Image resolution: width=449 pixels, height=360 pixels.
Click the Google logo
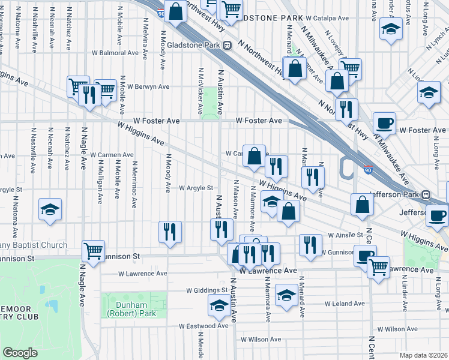20,353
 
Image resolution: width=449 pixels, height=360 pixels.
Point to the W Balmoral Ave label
117,52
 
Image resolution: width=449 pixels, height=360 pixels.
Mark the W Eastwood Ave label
204,326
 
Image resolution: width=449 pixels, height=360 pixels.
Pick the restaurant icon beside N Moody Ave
170,230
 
